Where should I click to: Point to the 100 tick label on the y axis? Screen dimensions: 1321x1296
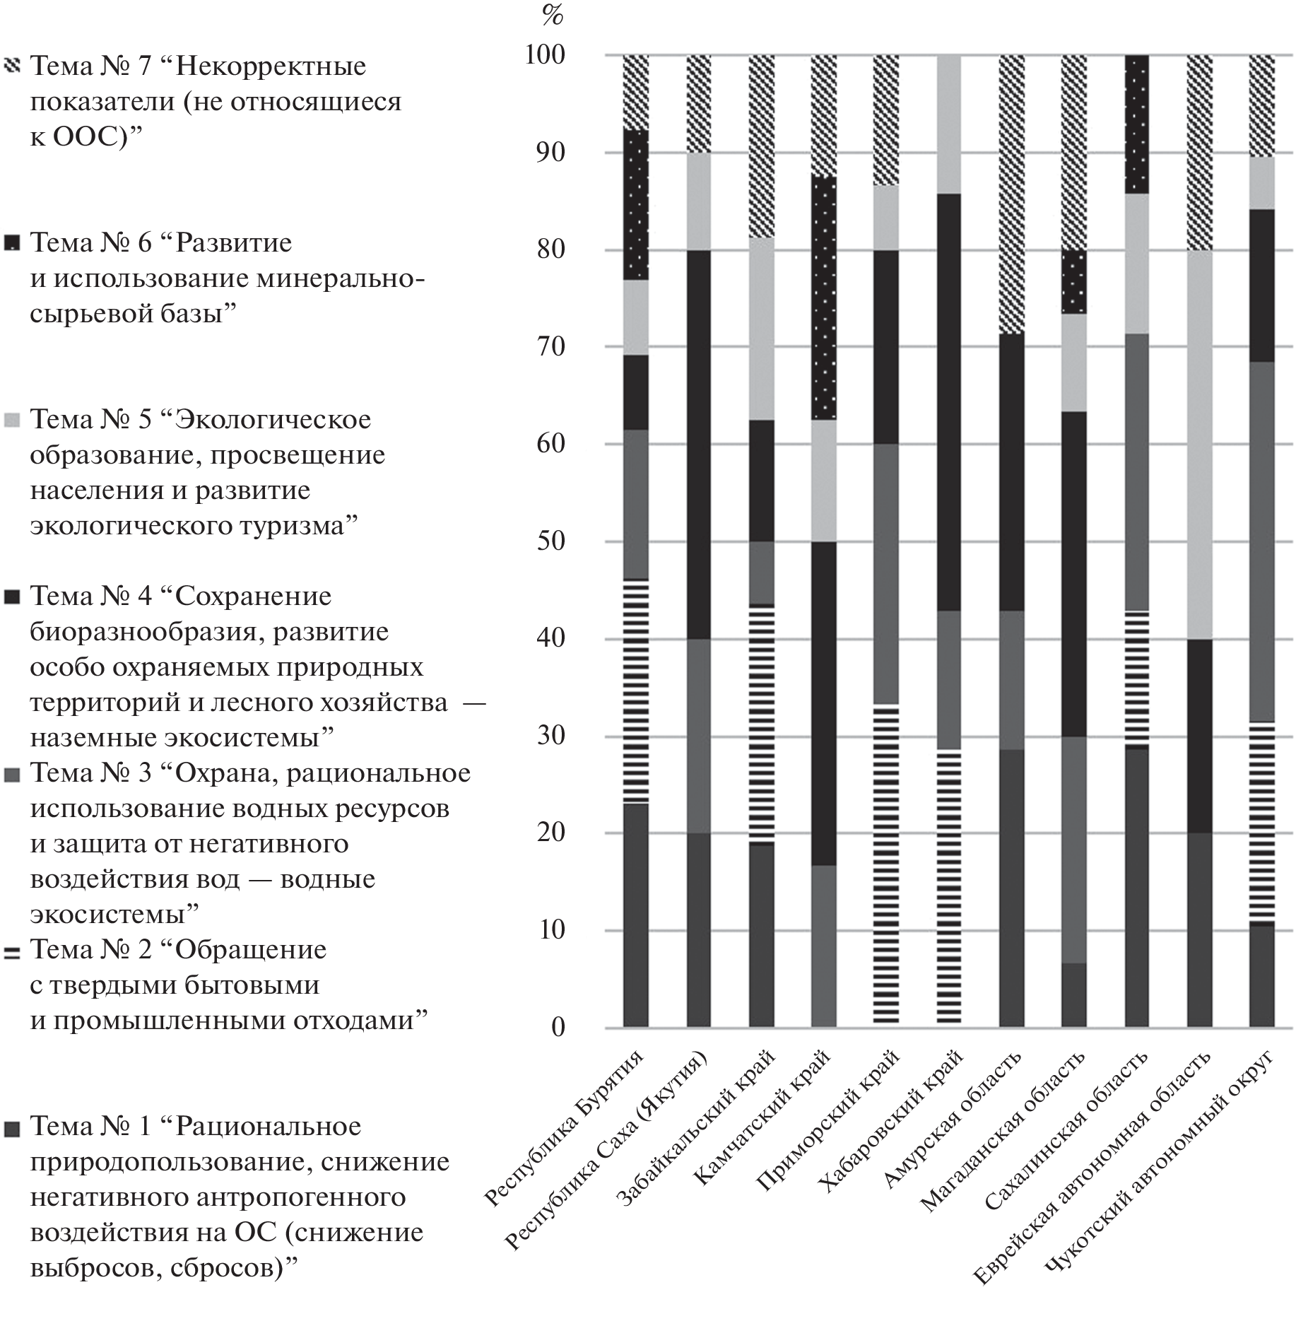[x=545, y=55]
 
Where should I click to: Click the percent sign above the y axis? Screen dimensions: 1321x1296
[x=552, y=15]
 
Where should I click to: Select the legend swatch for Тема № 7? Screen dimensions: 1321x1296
[x=12, y=66]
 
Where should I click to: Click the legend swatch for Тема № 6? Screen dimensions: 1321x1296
[x=12, y=243]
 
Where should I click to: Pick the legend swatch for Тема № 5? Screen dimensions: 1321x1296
[x=12, y=421]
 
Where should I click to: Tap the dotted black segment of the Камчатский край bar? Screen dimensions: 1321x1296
[x=824, y=297]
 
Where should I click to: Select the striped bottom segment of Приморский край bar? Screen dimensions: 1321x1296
[x=887, y=862]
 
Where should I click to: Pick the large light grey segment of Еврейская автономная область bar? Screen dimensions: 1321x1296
[x=1199, y=445]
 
